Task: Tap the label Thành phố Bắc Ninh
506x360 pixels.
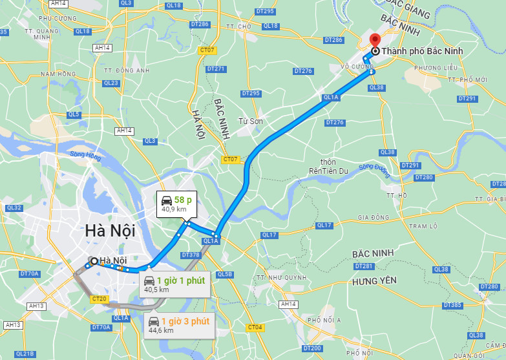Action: click(417, 51)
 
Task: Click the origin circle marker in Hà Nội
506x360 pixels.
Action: click(94, 261)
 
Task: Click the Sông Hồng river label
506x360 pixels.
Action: click(86, 155)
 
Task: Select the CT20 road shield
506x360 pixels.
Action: click(99, 299)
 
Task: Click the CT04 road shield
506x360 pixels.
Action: click(255, 327)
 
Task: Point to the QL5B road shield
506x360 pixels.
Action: click(224, 274)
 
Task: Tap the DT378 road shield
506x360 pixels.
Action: click(191, 255)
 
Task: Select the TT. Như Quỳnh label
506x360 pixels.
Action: click(280, 277)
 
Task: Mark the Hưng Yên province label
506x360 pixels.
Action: click(374, 281)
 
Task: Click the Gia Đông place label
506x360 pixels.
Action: click(372, 217)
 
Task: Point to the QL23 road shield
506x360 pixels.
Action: click(111, 83)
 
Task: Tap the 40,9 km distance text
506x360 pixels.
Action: click(174, 209)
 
